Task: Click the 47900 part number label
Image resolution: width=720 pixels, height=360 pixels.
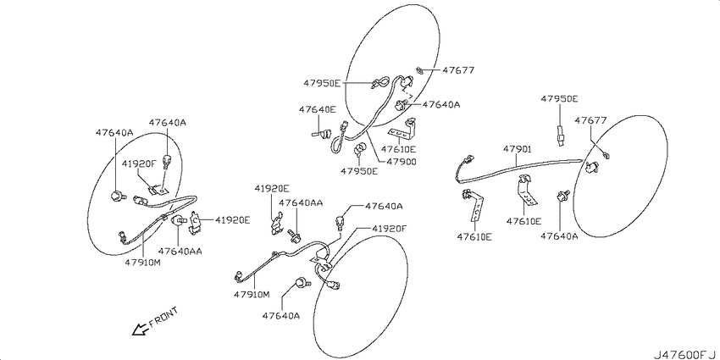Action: point(401,162)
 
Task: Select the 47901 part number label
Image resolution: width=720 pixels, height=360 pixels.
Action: point(517,149)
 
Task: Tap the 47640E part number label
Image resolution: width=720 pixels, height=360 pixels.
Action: point(318,109)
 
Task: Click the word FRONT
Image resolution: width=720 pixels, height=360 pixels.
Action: point(163,318)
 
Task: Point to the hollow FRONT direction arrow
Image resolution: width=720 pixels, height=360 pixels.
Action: point(140,329)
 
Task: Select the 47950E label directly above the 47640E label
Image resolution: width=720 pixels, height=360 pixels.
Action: point(322,83)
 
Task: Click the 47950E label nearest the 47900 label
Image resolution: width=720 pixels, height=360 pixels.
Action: point(359,171)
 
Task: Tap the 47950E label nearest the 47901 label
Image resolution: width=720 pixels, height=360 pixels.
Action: point(559,99)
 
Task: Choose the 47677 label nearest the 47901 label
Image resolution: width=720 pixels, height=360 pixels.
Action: point(591,120)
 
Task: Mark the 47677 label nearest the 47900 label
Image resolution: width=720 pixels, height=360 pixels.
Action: point(457,70)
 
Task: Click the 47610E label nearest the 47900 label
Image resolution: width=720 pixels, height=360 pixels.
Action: point(399,149)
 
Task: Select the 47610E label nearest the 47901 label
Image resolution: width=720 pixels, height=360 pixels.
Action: point(524,221)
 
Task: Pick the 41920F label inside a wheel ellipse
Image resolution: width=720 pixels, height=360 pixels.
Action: point(139,163)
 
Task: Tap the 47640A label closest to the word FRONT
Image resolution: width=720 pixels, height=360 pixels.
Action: point(281,316)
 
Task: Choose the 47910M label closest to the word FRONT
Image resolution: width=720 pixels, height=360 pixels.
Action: point(252,294)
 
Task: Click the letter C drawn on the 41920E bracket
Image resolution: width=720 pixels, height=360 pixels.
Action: point(195,220)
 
